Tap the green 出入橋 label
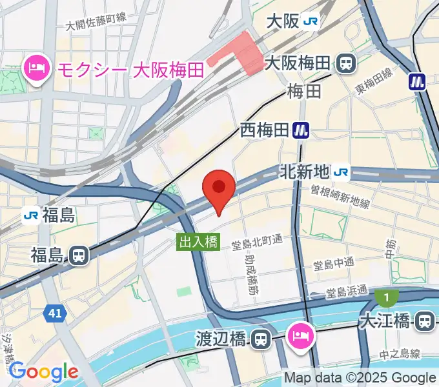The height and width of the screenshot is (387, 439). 199,242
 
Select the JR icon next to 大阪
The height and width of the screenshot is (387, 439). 311,21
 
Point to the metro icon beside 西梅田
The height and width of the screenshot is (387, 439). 300,130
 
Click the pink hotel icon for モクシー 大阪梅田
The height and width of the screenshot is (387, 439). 37,68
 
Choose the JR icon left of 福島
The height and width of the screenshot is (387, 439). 30,214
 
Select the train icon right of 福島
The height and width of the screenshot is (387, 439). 79,255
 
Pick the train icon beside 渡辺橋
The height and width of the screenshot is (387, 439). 260,338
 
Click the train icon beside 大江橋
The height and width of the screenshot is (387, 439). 425,320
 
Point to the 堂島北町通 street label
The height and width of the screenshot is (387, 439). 258,241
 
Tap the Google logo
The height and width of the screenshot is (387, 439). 43,372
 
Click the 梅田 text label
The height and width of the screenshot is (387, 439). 305,91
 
